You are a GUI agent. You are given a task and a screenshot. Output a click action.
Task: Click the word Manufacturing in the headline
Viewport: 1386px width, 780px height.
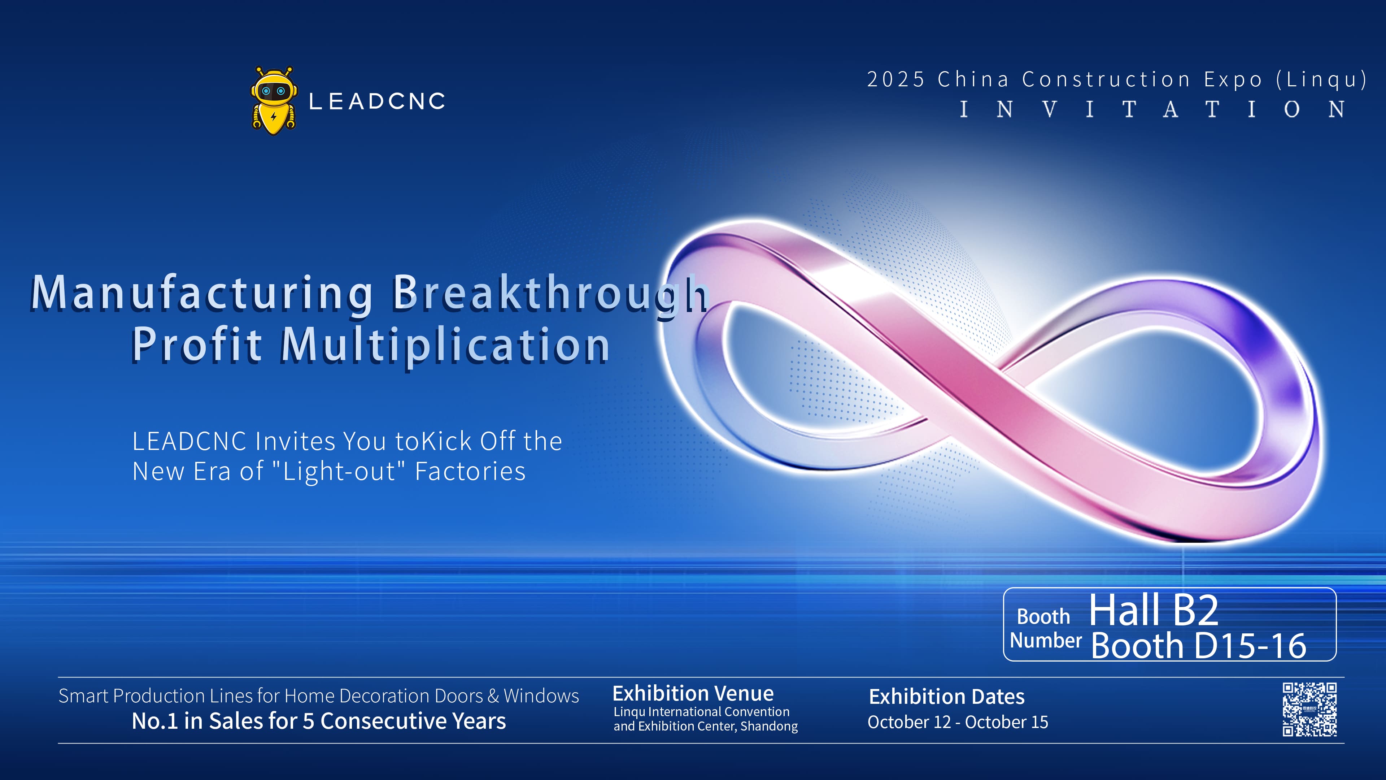[202, 293]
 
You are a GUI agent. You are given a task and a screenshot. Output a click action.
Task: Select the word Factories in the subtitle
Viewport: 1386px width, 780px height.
[470, 472]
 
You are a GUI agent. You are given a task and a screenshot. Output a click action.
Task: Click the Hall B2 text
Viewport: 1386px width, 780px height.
[1154, 610]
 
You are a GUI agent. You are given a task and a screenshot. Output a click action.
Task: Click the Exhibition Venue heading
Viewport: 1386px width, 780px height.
[693, 693]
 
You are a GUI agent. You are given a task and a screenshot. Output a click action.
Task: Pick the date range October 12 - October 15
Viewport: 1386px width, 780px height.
[958, 722]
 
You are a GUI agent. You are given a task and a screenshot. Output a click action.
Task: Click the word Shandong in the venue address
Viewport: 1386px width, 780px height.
[769, 726]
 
